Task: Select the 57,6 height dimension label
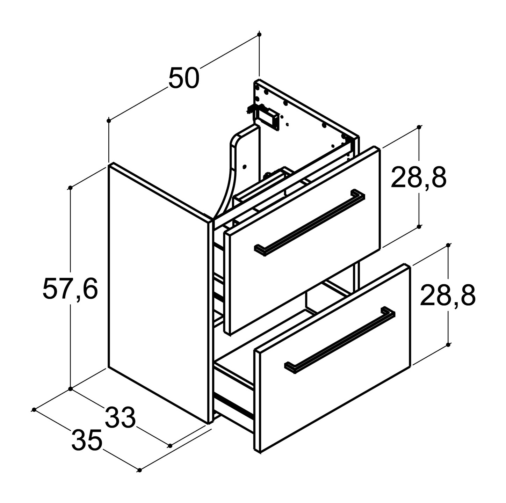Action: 70,289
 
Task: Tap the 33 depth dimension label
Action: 120,417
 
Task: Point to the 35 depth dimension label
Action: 87,440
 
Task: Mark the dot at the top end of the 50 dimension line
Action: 259,35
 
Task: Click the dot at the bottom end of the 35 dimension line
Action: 140,470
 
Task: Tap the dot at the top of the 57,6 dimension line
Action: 70,188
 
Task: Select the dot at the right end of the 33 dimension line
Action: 170,445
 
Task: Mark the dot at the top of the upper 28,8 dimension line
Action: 419,127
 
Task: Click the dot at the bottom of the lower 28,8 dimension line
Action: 448,344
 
